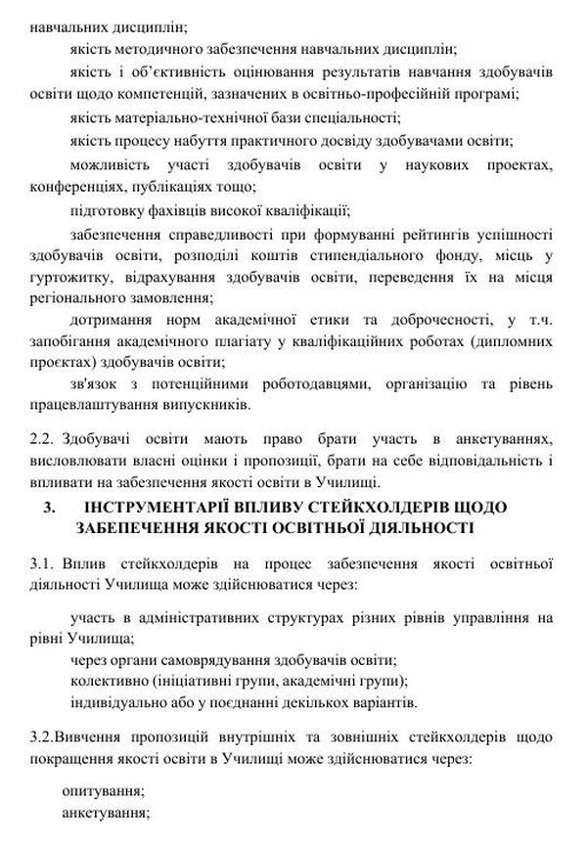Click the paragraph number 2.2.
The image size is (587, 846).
point(43,438)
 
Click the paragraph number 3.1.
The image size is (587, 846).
point(43,563)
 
